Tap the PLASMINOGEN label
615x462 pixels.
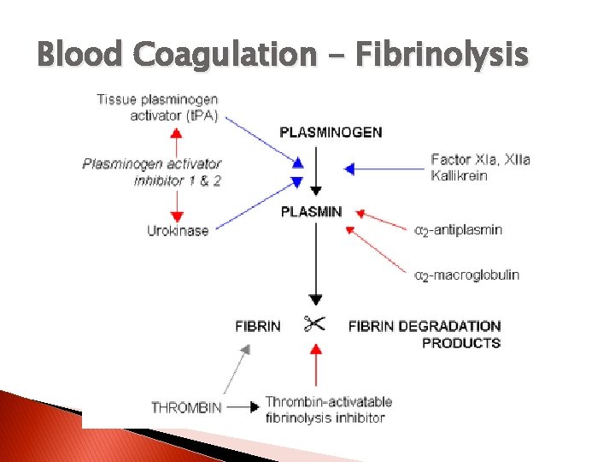coord(331,132)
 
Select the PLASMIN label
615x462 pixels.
coord(311,211)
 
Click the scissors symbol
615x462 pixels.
coord(314,324)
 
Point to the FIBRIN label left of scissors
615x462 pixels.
coord(258,326)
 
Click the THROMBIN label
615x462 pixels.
coord(185,407)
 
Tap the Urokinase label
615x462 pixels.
coord(178,230)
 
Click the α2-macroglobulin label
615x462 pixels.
coord(466,275)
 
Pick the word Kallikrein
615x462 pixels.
coord(460,175)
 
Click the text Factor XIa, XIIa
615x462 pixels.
coord(480,160)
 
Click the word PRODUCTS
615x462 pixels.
coord(461,343)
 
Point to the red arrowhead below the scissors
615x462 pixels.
coord(316,349)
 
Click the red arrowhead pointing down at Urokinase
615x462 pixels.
coord(177,216)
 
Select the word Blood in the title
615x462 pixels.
coord(78,55)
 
